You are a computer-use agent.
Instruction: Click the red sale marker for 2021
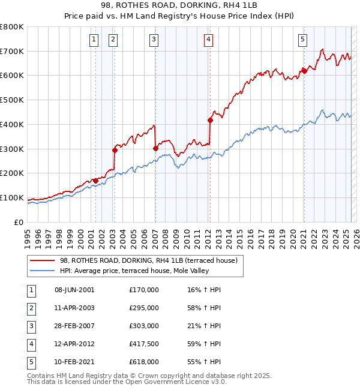[x=304, y=71]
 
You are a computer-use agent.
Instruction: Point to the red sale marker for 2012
[x=211, y=120]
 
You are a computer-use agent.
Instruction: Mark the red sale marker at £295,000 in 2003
[x=115, y=150]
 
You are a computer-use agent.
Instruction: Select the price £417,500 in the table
[x=144, y=344]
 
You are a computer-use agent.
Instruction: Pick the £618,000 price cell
[x=144, y=362]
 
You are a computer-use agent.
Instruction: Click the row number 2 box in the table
[x=30, y=308]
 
